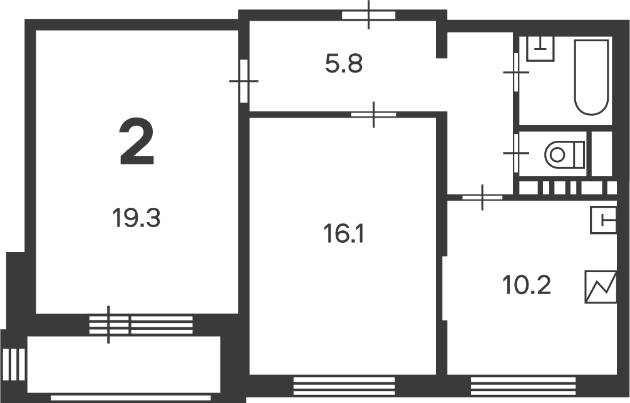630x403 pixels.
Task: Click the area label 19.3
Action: (136, 218)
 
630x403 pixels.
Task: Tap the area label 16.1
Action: (344, 234)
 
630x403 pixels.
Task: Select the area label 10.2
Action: (526, 285)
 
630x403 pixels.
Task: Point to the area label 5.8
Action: (344, 64)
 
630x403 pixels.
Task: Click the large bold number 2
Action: (137, 141)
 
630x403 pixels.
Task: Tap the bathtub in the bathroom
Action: (591, 77)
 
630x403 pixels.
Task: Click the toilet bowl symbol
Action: (564, 154)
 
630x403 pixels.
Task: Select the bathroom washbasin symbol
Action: (540, 49)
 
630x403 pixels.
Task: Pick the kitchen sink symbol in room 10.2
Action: (603, 220)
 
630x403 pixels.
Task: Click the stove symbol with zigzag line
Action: (601, 287)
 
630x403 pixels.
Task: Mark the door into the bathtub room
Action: (516, 72)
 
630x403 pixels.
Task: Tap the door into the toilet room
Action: (516, 153)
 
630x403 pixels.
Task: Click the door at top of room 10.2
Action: (482, 197)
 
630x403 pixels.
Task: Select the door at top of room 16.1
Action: (374, 115)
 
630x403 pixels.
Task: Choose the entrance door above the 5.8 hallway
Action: (369, 15)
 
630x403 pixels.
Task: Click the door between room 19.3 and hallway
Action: (244, 81)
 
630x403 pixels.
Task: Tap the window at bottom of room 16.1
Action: (344, 386)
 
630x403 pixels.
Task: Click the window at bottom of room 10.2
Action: (523, 386)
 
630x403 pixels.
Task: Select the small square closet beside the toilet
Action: (602, 153)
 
